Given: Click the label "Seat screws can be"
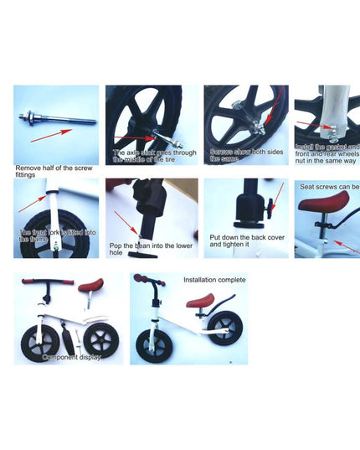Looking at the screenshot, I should pos(330,187).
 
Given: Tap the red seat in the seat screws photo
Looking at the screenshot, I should pos(330,201).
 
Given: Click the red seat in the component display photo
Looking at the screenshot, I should pos(90,286).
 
